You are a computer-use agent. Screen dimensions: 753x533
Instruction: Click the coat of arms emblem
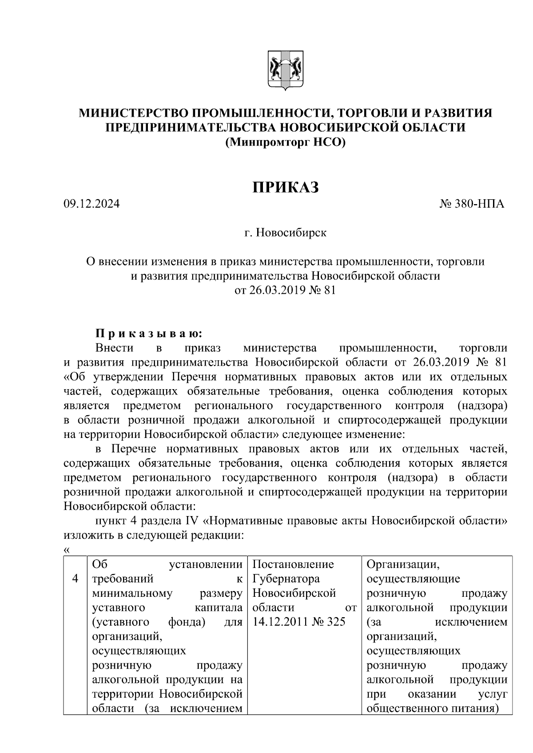coord(286,71)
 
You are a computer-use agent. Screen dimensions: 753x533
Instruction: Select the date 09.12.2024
coord(91,205)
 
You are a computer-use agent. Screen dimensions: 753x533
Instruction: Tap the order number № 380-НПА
coord(472,205)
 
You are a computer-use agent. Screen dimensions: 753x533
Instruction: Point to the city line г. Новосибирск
coord(285,233)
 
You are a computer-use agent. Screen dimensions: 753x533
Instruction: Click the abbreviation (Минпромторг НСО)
coord(285,142)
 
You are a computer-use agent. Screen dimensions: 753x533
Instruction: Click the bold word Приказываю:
coord(149,333)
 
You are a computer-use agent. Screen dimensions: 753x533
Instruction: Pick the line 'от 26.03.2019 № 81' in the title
coord(285,291)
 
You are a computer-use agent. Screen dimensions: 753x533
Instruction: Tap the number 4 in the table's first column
coord(76,579)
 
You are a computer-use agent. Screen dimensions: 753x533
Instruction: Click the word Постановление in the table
coord(293,564)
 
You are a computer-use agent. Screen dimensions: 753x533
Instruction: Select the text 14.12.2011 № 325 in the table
coord(298,622)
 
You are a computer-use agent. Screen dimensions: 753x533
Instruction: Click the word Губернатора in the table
coord(286,579)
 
